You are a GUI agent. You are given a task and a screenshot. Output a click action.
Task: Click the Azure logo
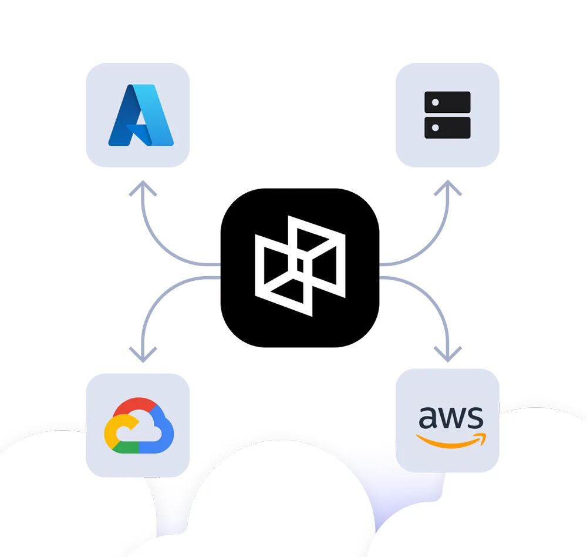point(141,115)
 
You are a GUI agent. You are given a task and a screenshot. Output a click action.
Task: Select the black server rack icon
point(447,115)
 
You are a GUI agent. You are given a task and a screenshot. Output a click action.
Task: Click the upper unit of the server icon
point(447,103)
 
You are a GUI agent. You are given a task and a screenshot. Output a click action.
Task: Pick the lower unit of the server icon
point(447,127)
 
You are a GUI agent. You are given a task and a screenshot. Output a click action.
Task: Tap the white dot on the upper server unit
point(435,103)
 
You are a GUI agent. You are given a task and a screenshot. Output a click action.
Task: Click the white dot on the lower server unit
point(435,127)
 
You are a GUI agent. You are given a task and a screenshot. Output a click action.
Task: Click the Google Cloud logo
point(139,426)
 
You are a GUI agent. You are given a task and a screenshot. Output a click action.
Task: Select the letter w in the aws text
point(451,418)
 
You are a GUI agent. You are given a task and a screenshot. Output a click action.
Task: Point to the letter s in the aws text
point(475,418)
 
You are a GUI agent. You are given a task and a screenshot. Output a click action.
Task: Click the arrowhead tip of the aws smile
point(484,435)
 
